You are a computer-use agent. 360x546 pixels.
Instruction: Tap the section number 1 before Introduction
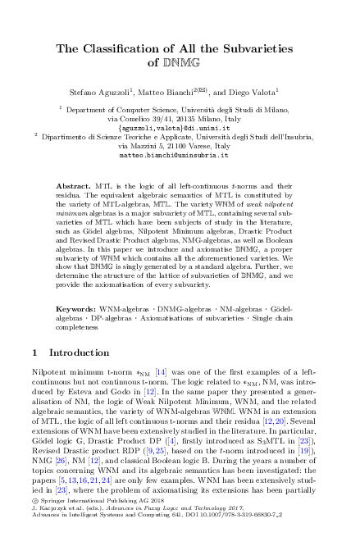(x=33, y=376)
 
